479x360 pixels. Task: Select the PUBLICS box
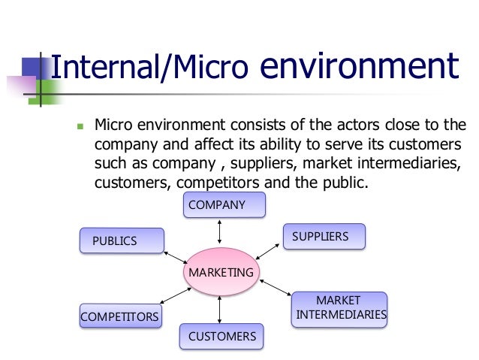click(121, 241)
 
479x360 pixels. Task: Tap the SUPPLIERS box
click(324, 237)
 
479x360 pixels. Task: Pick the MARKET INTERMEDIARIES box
click(339, 307)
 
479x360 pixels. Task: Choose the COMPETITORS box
click(119, 316)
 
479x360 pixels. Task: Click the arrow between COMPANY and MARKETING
click(219, 232)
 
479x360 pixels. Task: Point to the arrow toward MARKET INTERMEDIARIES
click(273, 286)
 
